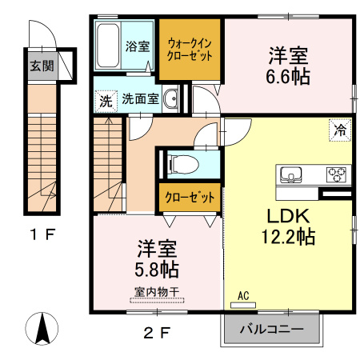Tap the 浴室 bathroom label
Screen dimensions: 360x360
pos(137,46)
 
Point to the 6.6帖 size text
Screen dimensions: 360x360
pos(289,77)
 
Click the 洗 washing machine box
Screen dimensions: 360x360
pos(105,101)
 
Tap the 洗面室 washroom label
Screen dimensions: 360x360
pos(140,100)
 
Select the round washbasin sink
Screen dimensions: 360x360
pos(172,100)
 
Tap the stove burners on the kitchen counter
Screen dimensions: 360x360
pos(336,174)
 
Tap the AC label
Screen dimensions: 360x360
pos(244,296)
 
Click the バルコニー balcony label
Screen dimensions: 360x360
pos(272,330)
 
